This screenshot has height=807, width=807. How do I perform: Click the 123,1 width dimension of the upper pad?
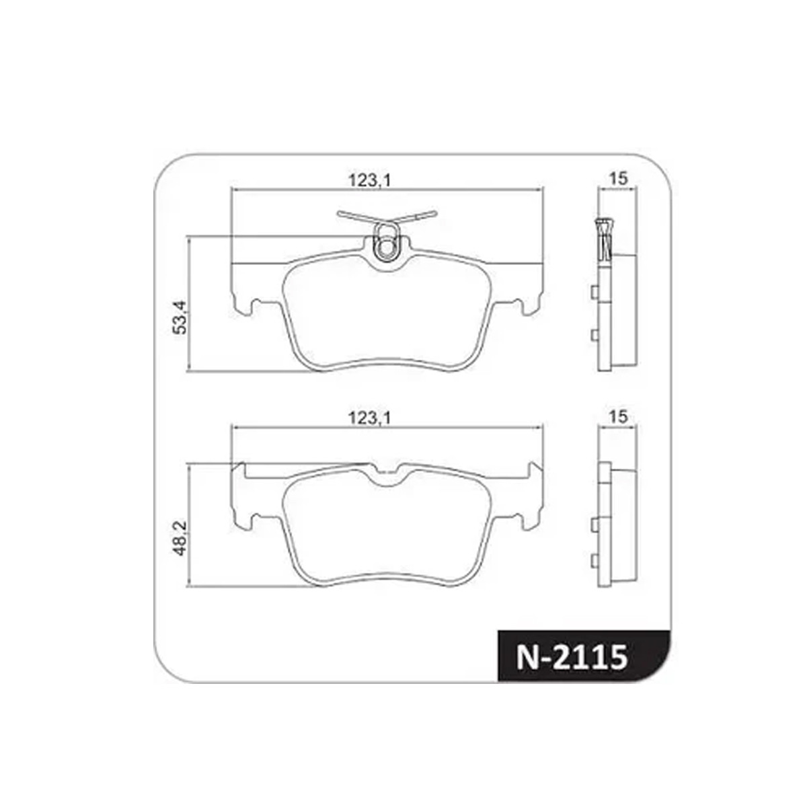[369, 180]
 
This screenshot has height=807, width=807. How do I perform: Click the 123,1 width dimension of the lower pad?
[369, 418]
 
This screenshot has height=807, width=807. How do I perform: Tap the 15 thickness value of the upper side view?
[617, 179]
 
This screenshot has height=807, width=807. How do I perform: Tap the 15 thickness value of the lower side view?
[617, 417]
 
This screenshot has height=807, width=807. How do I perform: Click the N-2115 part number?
[572, 656]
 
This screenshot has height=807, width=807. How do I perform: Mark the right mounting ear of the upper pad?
[529, 300]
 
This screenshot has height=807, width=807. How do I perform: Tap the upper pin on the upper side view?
[593, 292]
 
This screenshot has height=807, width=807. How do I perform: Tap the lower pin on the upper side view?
[593, 334]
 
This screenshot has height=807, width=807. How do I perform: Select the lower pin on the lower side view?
[593, 561]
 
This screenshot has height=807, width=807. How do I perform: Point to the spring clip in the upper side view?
[603, 239]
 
